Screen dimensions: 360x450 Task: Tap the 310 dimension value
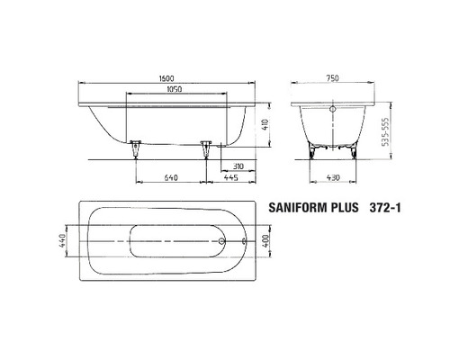238,167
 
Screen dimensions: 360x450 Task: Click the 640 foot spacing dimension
171,178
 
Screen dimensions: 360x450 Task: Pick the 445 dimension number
230,178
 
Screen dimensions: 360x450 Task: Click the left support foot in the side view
137,146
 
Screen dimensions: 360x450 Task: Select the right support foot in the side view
205,146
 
